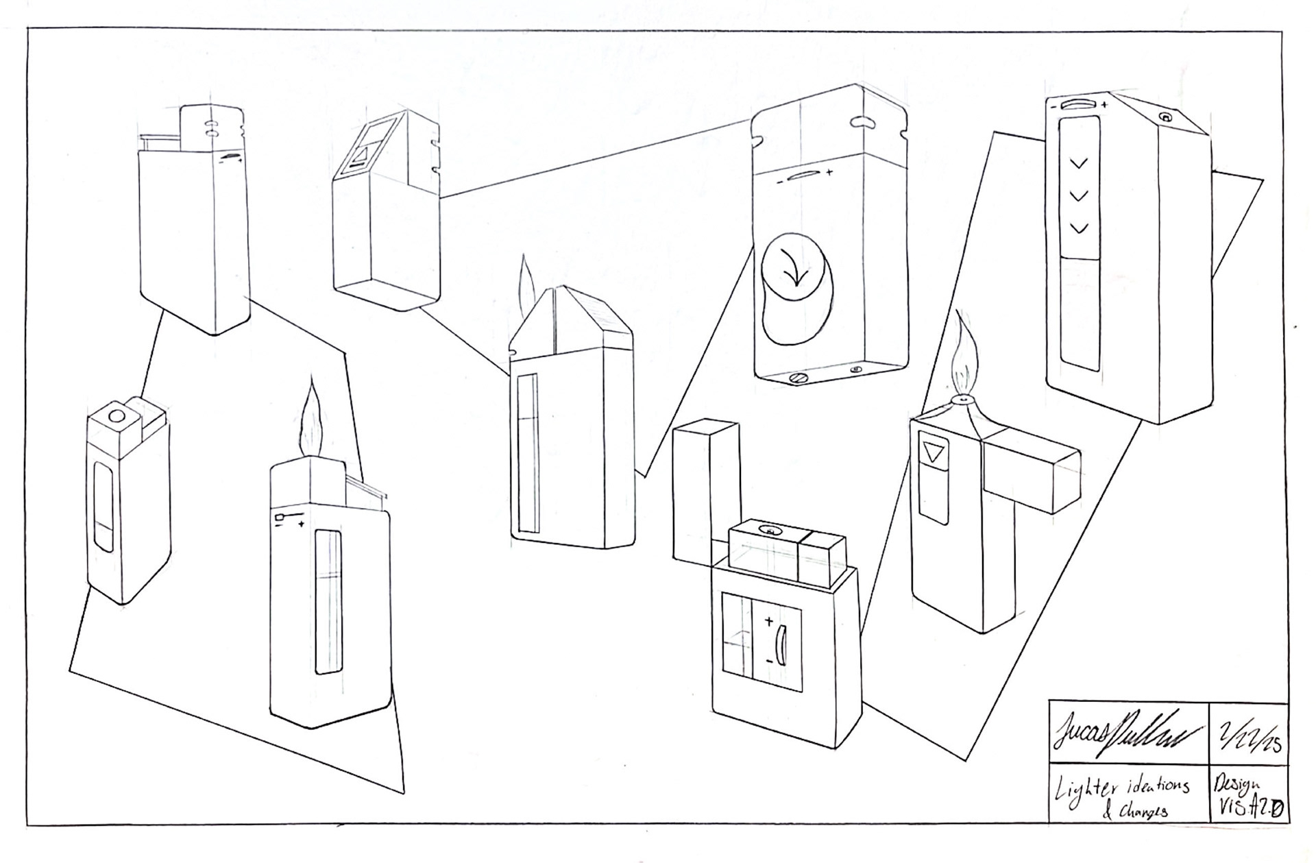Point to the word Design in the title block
point(1236,783)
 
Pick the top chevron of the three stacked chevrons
point(1079,163)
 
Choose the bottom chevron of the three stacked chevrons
point(1079,228)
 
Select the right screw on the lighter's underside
point(856,370)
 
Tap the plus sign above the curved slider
point(769,622)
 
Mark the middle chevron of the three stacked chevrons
point(1079,196)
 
